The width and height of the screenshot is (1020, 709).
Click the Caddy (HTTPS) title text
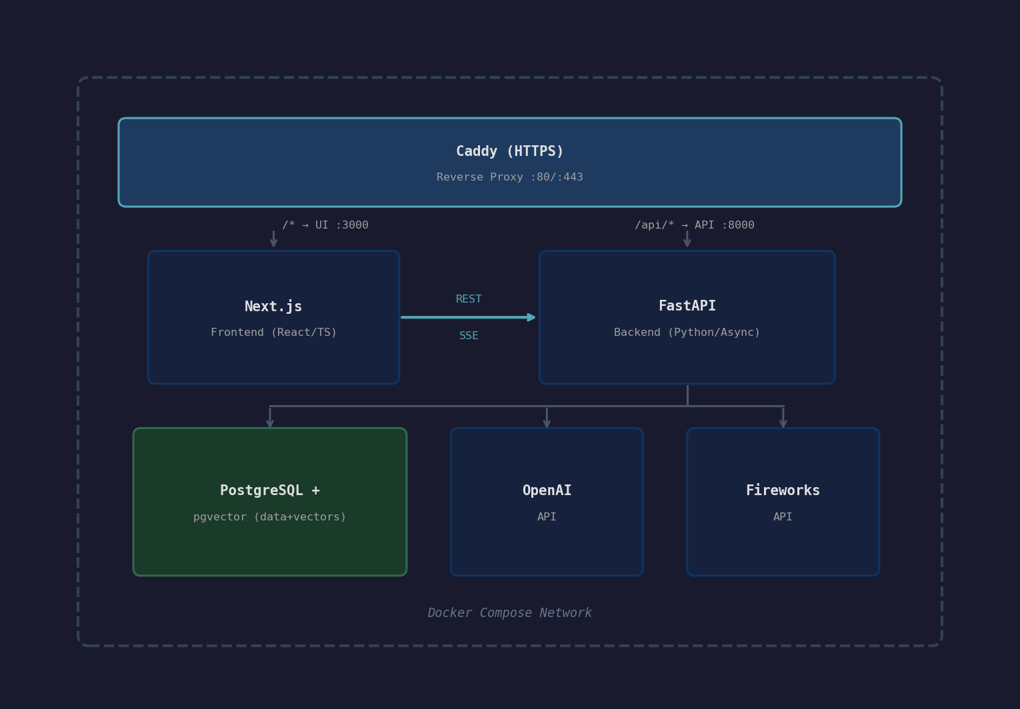point(509,151)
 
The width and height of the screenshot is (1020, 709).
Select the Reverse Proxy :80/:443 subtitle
point(509,177)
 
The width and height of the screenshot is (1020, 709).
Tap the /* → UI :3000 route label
point(325,225)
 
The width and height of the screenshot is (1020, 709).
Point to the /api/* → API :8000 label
point(694,225)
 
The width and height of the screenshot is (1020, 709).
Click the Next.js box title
point(273,307)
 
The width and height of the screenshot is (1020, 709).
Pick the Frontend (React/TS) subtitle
point(273,333)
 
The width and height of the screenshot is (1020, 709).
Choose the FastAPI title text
point(687,306)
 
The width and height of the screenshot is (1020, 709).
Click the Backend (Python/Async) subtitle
point(687,333)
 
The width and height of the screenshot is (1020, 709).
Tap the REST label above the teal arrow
point(469,299)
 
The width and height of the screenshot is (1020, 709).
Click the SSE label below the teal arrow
point(469,336)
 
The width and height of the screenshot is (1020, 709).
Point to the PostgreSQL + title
point(269,490)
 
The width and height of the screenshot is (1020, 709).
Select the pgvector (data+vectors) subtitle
point(269,517)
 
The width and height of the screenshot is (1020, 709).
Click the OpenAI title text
point(547,490)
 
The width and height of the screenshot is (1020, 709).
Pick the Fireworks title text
point(783,490)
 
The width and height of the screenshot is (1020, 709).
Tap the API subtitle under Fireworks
point(783,517)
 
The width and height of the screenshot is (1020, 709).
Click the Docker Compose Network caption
point(509,613)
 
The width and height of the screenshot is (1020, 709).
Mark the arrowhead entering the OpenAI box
point(547,423)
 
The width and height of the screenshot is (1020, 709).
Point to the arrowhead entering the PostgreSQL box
point(270,423)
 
